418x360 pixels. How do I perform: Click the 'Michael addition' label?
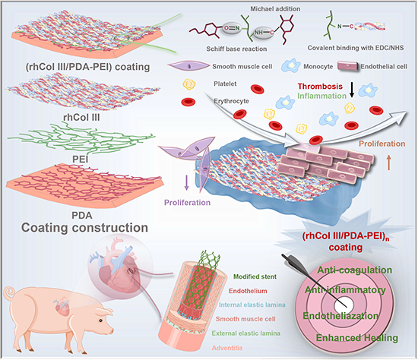(x=275, y=9)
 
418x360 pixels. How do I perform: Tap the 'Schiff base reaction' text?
(x=236, y=49)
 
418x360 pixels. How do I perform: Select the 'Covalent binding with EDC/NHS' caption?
(x=356, y=48)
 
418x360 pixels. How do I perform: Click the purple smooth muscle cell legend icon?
(x=189, y=66)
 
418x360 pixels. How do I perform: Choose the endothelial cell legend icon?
(x=347, y=66)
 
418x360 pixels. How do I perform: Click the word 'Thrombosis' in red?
(x=320, y=87)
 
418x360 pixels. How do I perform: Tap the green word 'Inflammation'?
(x=321, y=96)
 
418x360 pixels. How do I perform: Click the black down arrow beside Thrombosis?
(x=352, y=90)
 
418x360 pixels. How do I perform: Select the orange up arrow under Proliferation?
(x=388, y=163)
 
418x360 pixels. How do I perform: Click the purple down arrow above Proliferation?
(x=187, y=182)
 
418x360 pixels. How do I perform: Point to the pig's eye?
(x=101, y=321)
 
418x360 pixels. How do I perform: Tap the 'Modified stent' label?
(x=255, y=276)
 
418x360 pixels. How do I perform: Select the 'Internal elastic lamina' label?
(x=252, y=305)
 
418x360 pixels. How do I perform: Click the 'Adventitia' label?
(x=227, y=348)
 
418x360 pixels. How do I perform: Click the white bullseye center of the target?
(x=344, y=305)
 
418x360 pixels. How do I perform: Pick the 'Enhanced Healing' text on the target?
(x=357, y=338)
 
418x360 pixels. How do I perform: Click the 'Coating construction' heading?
(x=84, y=228)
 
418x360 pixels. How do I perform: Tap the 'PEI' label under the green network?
(x=81, y=159)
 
